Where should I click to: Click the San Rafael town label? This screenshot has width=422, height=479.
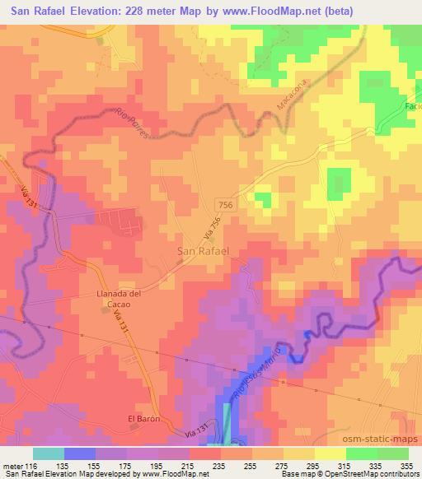pos(204,250)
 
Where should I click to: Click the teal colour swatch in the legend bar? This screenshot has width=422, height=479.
pos(49,453)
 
